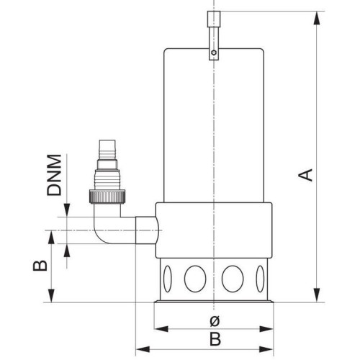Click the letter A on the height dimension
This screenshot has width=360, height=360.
pos(305,175)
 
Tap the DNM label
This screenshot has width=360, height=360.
pos(54,175)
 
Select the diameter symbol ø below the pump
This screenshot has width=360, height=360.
pos(215,321)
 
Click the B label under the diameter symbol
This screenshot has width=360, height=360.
pos(215,339)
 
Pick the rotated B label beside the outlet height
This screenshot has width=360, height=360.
pos(40,266)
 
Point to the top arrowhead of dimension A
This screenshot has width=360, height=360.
pos(317,18)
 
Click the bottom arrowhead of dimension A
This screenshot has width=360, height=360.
pos(317,295)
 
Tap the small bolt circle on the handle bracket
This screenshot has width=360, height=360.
pos(214,53)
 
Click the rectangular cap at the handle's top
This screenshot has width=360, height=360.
pos(214,19)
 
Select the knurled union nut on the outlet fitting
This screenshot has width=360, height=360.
pos(107,197)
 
